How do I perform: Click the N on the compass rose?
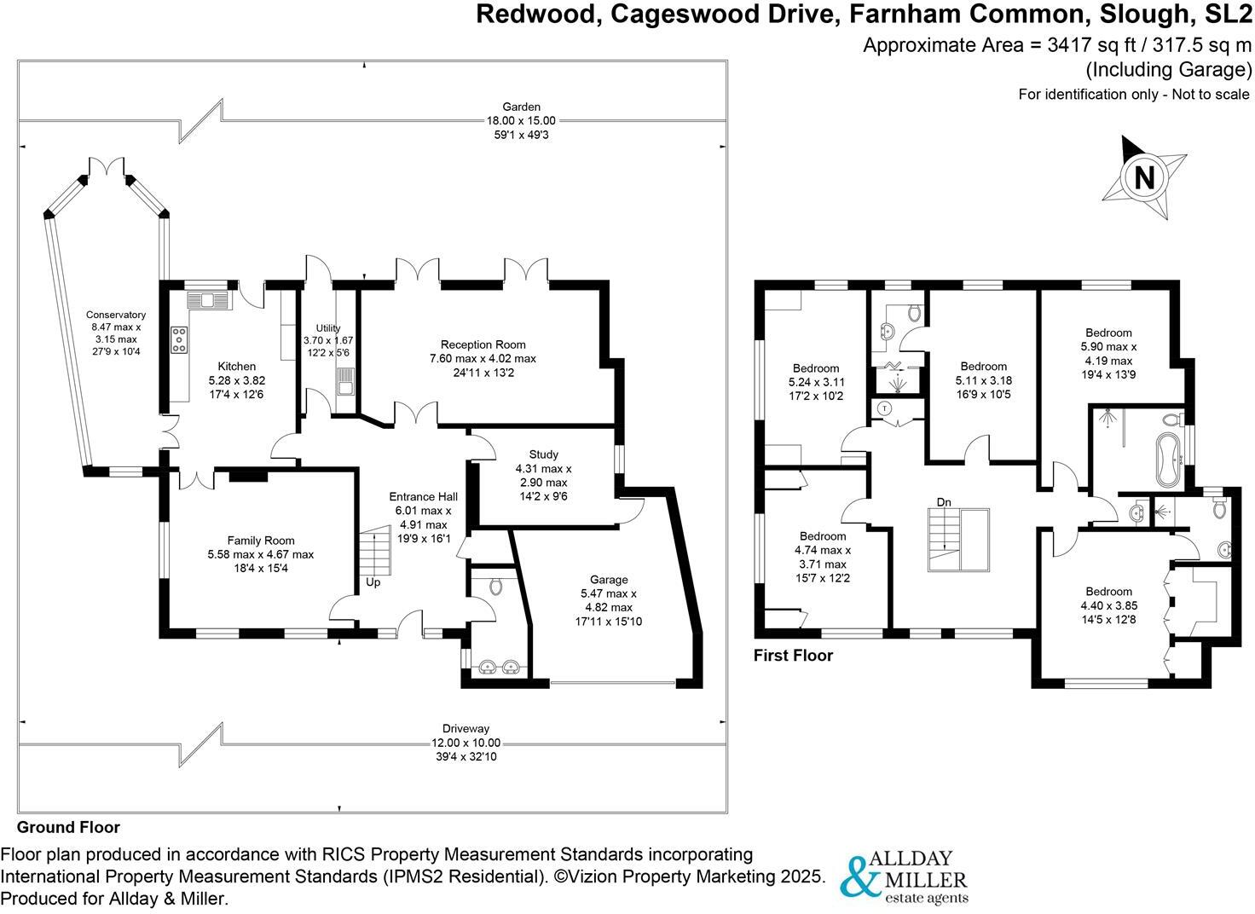[1144, 178]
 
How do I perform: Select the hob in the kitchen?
[180, 339]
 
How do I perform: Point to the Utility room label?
[327, 328]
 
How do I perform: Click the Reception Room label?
[483, 344]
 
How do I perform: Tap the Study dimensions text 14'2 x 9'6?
[543, 496]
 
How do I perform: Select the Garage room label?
[609, 580]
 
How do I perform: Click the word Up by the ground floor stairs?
[373, 582]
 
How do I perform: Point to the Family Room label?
[260, 541]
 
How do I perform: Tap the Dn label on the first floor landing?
[944, 502]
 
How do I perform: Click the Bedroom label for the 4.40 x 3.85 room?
[1108, 592]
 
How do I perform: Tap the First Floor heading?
[793, 656]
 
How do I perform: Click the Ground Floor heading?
[68, 827]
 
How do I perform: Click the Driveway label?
[466, 729]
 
